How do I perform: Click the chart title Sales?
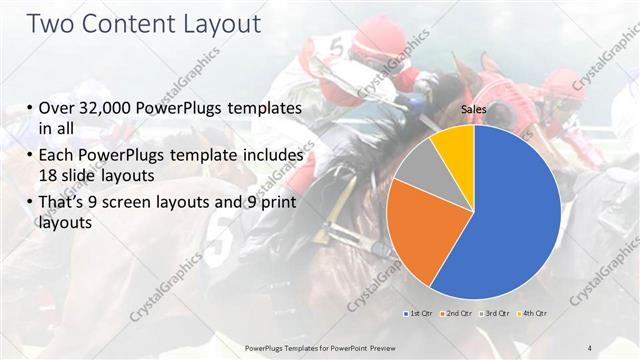(x=473, y=111)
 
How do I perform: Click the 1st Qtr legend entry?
(x=419, y=314)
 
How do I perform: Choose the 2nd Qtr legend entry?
(x=457, y=314)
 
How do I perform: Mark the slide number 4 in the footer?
(x=590, y=347)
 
